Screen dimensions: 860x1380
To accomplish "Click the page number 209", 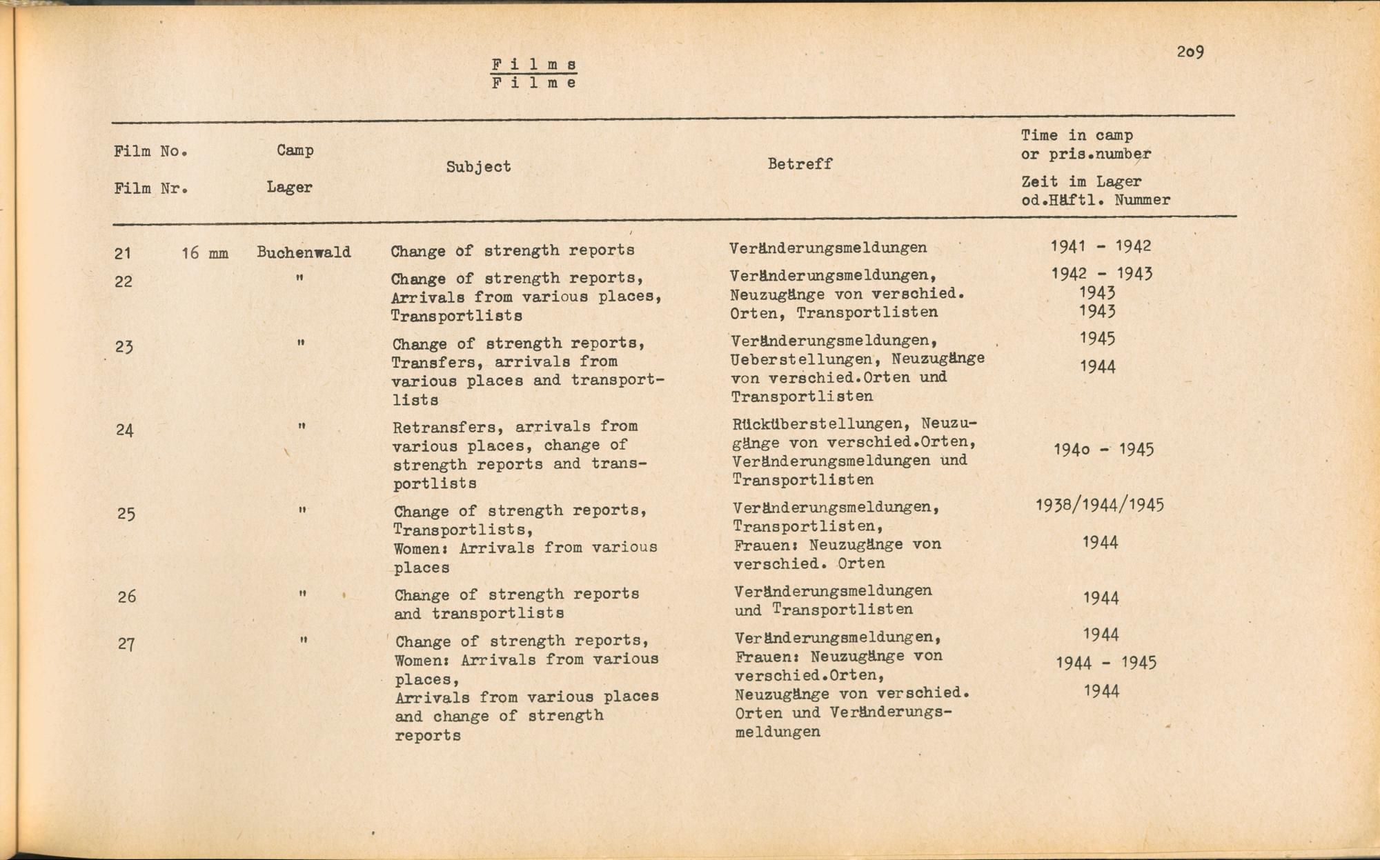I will coord(1190,52).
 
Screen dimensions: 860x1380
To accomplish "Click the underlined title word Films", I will coord(534,65).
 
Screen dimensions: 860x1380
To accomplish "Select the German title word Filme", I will coord(534,83).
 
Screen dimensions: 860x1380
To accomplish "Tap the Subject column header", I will coord(478,166).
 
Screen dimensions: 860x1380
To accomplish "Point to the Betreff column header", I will coord(800,164).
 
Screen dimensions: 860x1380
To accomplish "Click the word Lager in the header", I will coord(289,187).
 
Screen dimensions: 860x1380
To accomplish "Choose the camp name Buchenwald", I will coord(304,252).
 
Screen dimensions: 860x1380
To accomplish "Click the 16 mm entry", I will coord(205,253).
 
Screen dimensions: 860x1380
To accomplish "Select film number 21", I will coord(123,254).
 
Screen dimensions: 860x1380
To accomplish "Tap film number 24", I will coord(124,430).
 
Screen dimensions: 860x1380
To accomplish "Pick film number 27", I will coord(126,644).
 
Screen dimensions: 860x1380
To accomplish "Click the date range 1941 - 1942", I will coord(1101,246).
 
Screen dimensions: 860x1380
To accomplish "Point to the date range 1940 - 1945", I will coord(1103,450).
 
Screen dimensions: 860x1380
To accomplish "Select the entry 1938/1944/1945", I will coord(1099,505).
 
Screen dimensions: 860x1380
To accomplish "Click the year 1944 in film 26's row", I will coord(1101,598).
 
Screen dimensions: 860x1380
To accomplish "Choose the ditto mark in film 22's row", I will coord(299,278).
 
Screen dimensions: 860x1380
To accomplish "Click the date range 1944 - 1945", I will coord(1105,663).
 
